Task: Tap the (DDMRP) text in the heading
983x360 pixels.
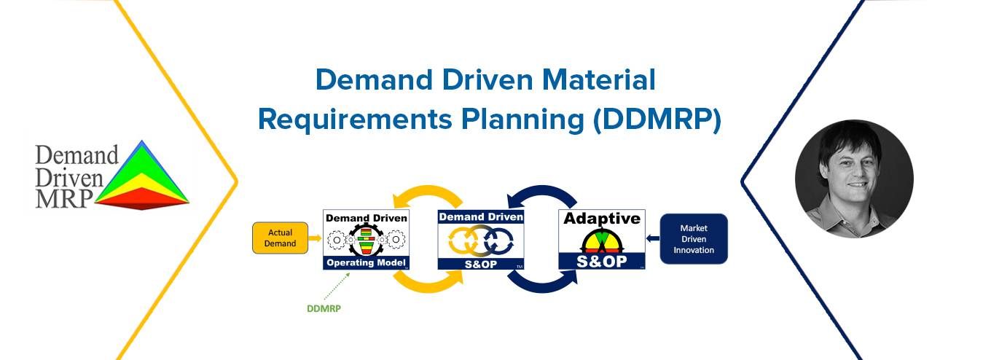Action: point(657,120)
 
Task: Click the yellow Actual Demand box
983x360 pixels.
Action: point(280,238)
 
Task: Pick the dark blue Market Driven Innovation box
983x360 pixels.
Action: point(694,239)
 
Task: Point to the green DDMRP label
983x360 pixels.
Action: point(324,309)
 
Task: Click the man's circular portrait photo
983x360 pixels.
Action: point(854,179)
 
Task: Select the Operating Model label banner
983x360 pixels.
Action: point(366,262)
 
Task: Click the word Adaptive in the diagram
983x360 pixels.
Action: point(602,218)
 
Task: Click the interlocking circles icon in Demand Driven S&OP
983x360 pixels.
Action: point(481,240)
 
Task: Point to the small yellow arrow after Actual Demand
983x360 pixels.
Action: point(315,238)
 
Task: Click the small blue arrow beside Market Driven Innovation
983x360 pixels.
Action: point(653,238)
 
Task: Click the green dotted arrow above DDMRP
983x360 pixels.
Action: point(337,286)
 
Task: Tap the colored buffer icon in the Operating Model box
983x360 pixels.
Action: point(366,240)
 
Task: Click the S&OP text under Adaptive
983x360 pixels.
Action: point(602,262)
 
